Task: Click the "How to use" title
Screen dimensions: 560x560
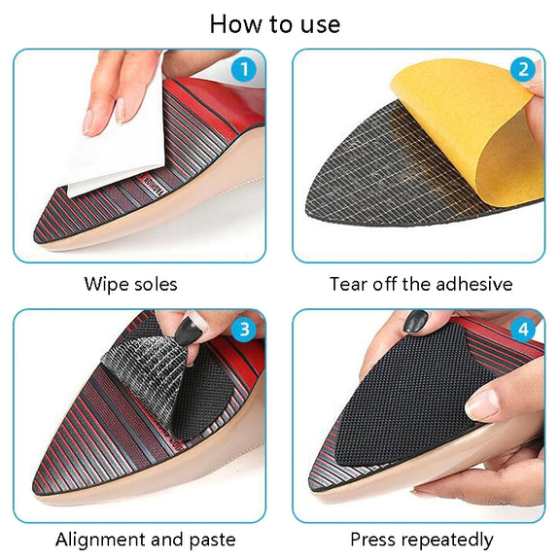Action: [274, 24]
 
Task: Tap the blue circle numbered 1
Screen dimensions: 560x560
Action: [244, 69]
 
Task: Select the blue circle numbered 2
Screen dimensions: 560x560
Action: [523, 69]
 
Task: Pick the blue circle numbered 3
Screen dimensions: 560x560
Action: [244, 329]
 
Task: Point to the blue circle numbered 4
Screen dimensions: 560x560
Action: [523, 329]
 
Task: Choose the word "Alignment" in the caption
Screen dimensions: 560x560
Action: [101, 540]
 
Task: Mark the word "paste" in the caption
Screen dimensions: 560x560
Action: [213, 541]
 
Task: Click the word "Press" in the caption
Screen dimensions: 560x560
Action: [370, 540]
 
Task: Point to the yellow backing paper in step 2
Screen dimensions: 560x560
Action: [475, 132]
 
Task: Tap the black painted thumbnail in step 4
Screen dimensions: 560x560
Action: [416, 321]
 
